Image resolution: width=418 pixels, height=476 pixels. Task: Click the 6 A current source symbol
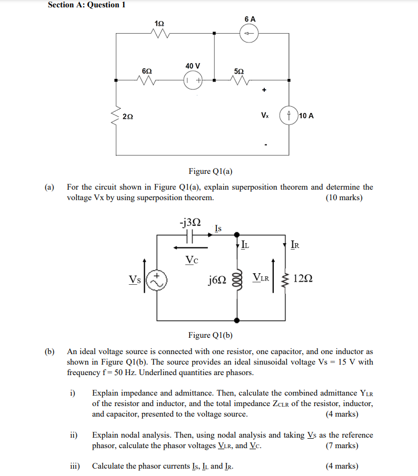(250, 34)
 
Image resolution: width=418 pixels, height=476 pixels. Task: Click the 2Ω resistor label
(128, 116)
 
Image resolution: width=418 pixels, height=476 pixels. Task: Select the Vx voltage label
(265, 115)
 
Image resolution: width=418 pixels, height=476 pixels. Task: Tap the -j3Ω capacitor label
(190, 223)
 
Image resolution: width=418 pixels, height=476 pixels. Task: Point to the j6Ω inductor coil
(237, 278)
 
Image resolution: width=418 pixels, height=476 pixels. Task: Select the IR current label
(296, 244)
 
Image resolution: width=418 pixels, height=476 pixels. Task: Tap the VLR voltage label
(261, 277)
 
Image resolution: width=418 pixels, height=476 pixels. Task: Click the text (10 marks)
(344, 198)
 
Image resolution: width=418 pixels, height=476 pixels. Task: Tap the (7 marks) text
(342, 446)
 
